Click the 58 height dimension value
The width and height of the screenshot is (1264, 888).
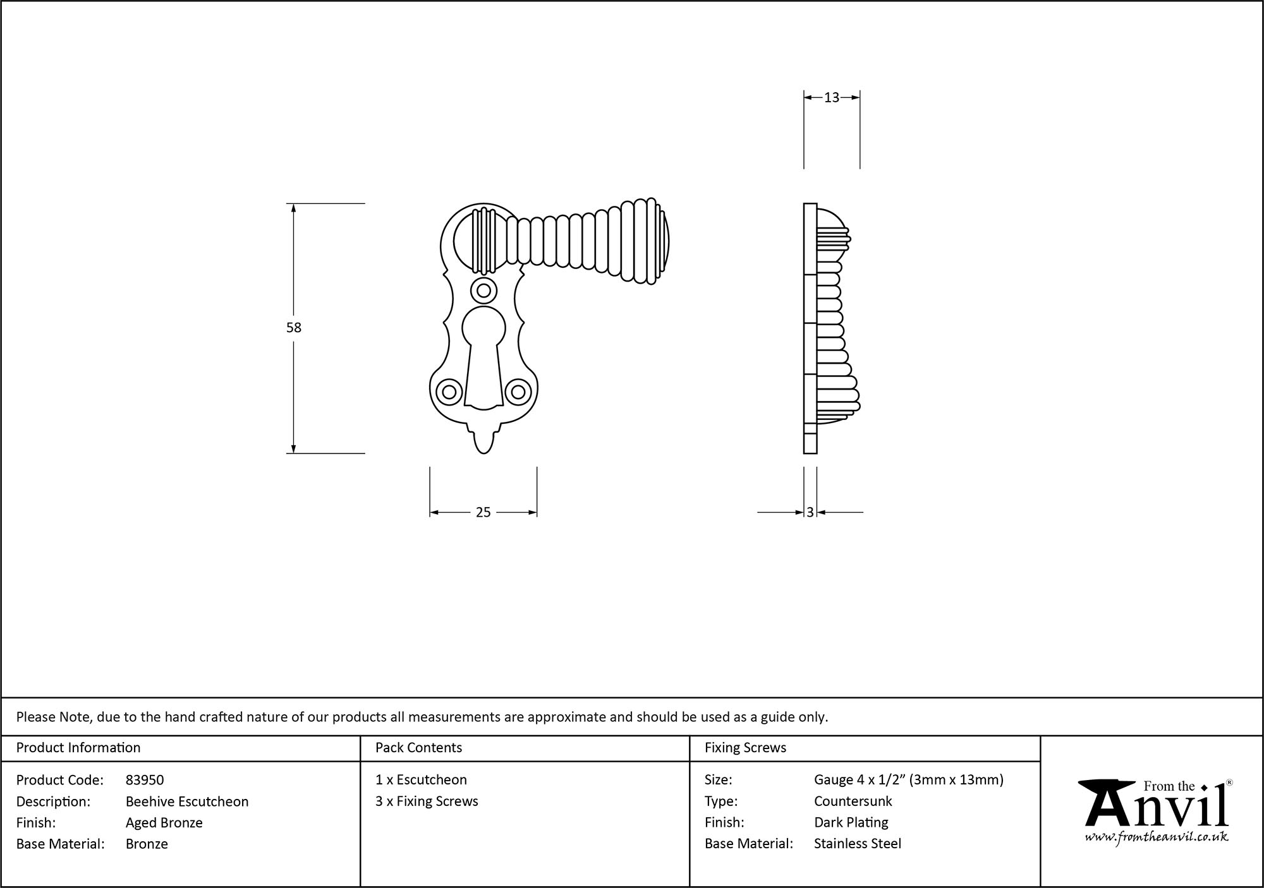point(294,328)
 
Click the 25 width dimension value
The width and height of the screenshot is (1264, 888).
point(483,513)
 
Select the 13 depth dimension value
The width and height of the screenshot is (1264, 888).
point(832,97)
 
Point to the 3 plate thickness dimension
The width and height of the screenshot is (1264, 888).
point(810,513)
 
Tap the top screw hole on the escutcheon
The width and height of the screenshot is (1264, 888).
point(483,291)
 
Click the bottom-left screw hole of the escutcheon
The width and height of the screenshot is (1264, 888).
point(449,392)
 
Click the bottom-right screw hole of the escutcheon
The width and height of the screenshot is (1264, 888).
point(518,392)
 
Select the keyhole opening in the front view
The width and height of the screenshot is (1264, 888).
point(483,354)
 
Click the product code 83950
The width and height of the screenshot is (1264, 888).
point(145,780)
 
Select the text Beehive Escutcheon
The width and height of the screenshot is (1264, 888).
point(187,801)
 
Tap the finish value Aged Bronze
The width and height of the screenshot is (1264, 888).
point(164,822)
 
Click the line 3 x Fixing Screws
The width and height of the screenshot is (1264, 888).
point(427,801)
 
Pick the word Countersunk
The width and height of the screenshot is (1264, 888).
point(853,801)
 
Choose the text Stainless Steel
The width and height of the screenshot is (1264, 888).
point(858,844)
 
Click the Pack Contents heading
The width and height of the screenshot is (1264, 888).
point(418,748)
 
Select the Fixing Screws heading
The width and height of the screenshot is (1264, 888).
point(745,748)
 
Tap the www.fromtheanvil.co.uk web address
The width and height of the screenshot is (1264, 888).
point(1157,837)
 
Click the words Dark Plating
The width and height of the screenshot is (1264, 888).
point(851,822)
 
